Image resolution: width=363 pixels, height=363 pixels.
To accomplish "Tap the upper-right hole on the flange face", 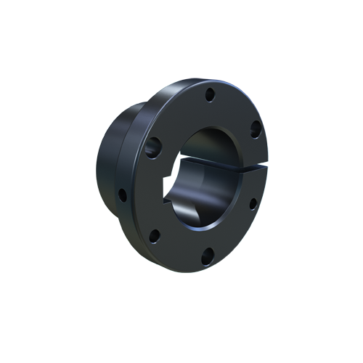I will coord(255,129).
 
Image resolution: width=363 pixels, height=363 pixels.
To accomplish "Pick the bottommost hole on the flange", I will coord(208,254).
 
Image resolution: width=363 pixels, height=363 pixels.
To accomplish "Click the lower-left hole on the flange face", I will coord(155,234).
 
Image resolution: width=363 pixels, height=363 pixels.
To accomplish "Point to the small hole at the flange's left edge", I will coord(123,194).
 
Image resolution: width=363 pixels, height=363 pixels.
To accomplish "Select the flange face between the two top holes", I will coord(236,105).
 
